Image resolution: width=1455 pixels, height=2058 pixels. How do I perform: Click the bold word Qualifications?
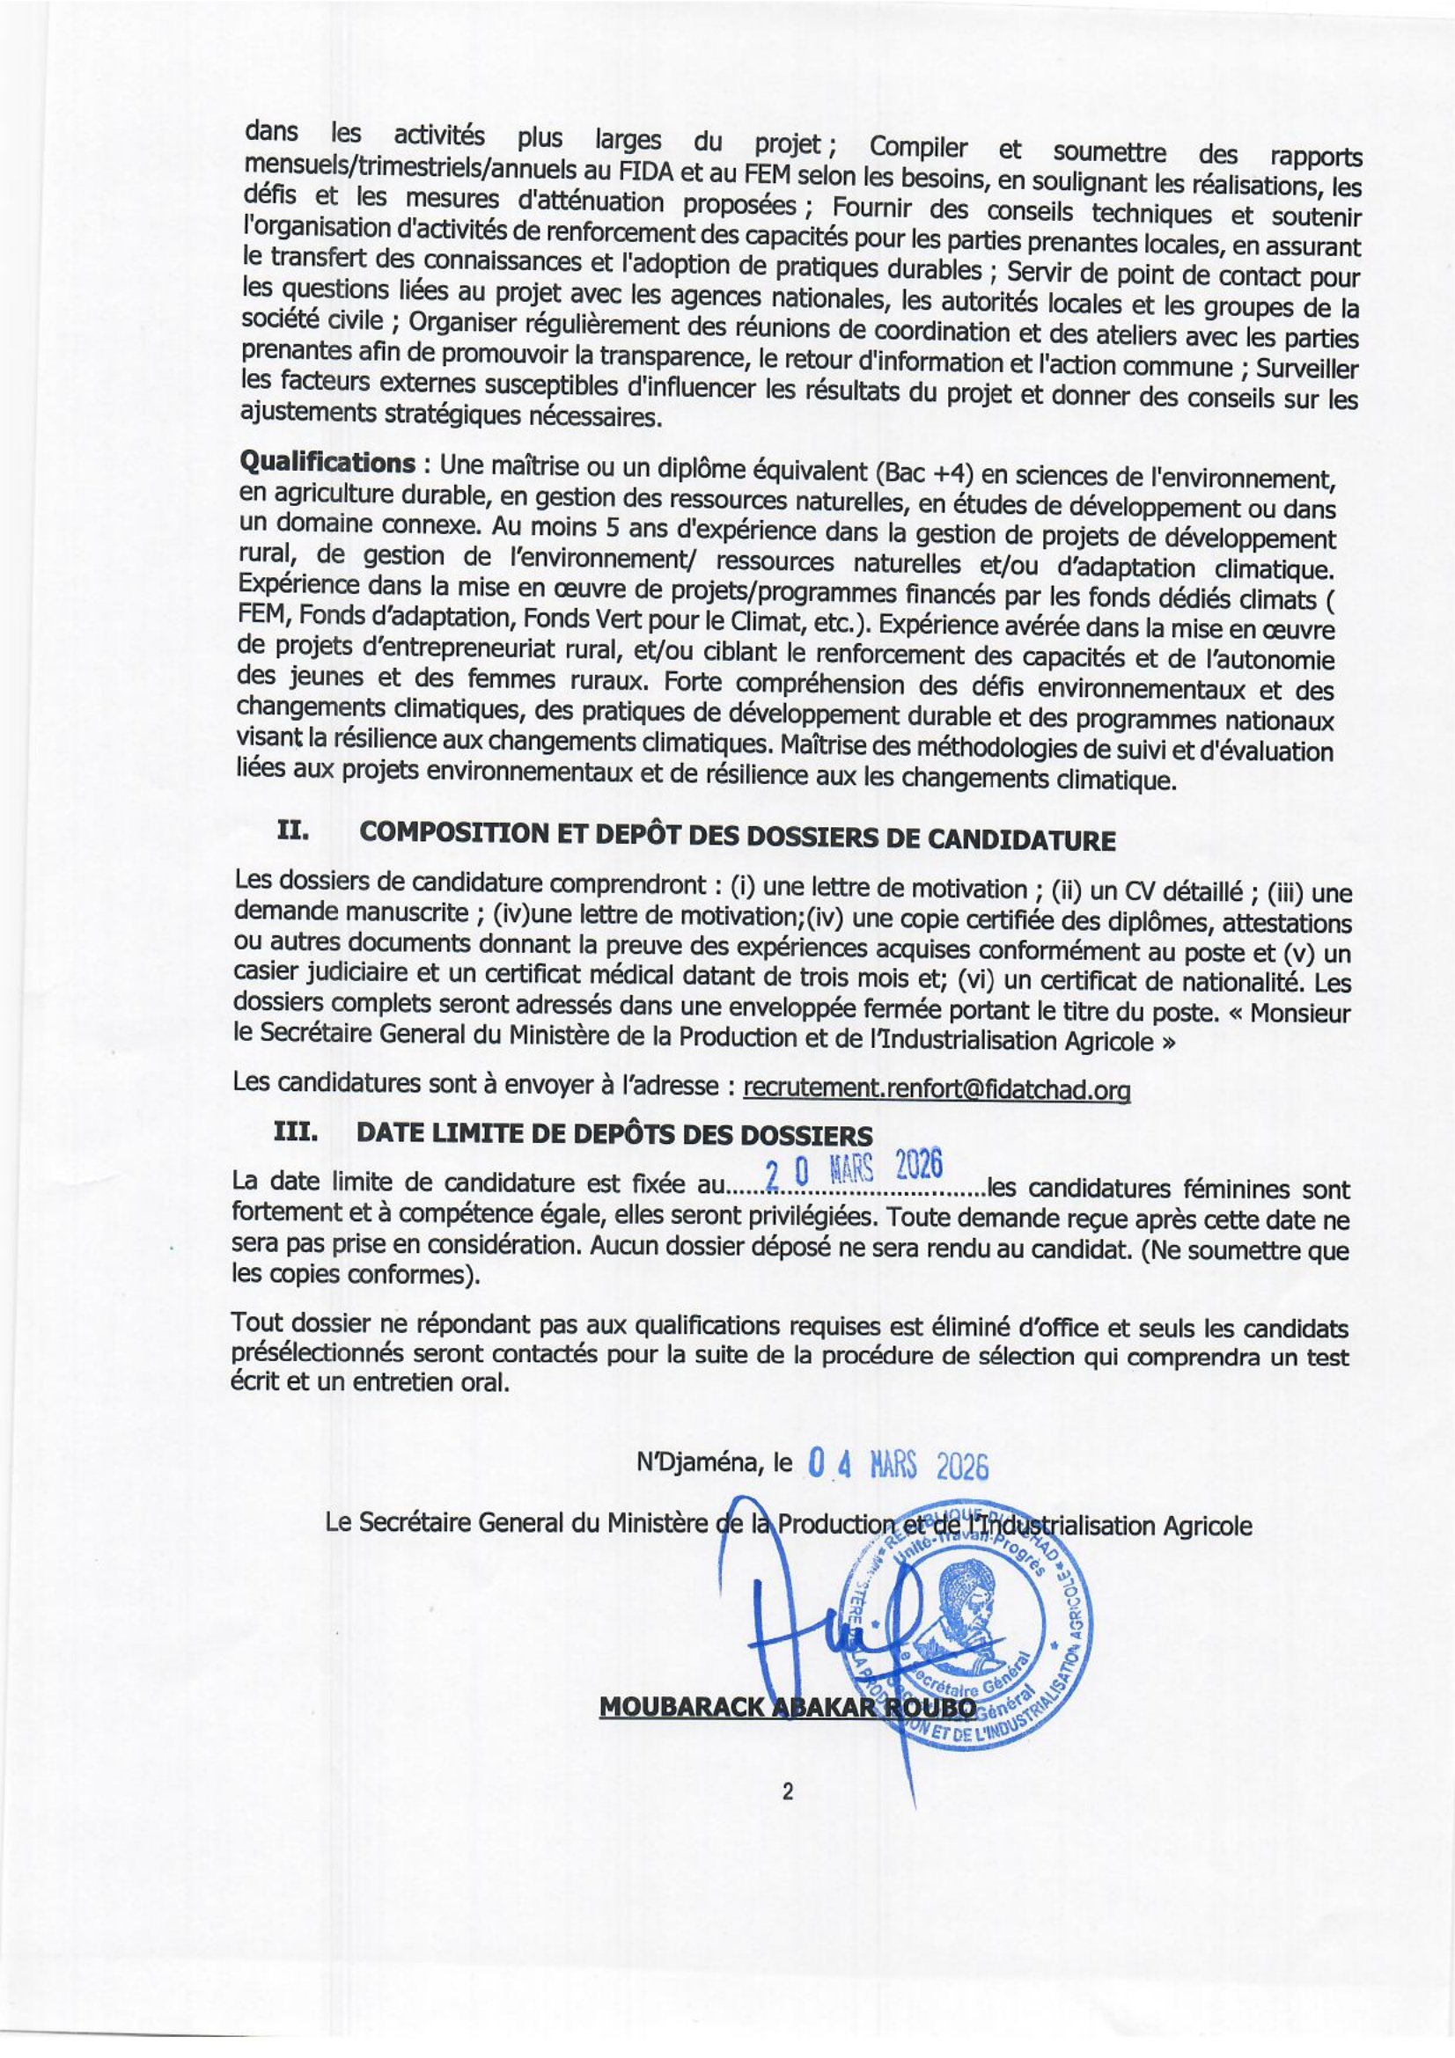[326, 464]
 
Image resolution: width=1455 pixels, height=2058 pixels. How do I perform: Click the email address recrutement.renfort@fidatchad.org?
[936, 1088]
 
